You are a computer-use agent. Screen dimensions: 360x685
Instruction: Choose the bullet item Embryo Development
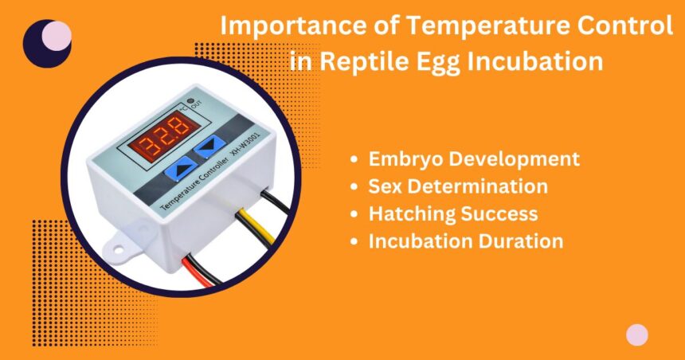[474, 158]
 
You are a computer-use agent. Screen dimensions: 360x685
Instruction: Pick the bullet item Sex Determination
[458, 186]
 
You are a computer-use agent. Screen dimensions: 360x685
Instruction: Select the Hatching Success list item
[452, 213]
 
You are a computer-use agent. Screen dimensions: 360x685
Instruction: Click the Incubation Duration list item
[466, 241]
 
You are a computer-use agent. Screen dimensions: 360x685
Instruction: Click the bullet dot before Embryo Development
[354, 159]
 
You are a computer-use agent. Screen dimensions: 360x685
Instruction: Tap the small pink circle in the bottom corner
[636, 335]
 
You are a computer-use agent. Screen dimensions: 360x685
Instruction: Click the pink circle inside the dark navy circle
[56, 36]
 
